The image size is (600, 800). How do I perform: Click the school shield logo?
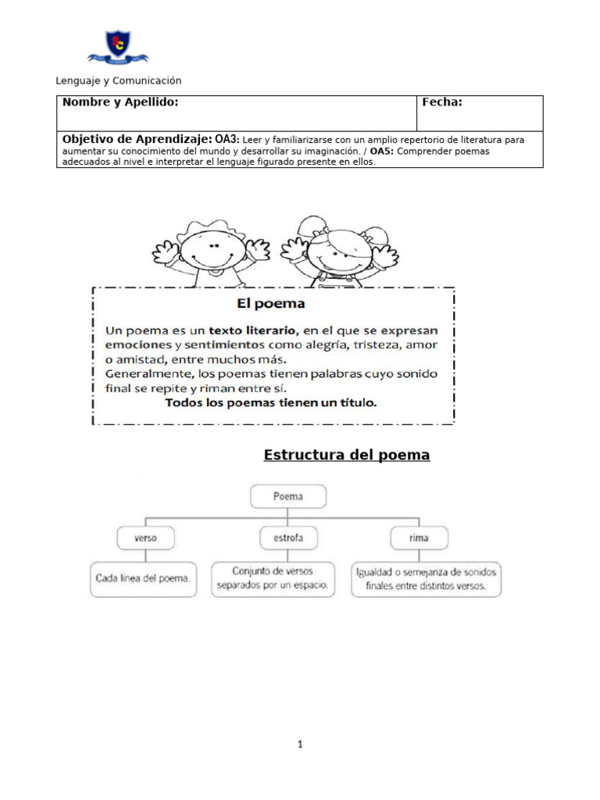pos(118,47)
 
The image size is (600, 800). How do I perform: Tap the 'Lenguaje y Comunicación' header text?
pos(119,80)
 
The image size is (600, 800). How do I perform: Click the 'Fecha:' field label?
pos(442,102)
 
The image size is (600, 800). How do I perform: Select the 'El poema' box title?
pos(270,302)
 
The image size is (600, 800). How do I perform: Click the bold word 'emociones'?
pos(134,345)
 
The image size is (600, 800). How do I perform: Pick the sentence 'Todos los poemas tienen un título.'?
pos(271,403)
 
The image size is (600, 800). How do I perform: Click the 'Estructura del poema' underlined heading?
pos(347,455)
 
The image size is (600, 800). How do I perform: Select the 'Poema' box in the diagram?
pos(288,496)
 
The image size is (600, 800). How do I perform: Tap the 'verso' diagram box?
pos(145,538)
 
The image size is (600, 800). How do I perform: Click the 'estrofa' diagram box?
pos(288,538)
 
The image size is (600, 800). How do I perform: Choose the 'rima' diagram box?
pos(419,538)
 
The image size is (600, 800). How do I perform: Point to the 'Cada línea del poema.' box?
pos(143,580)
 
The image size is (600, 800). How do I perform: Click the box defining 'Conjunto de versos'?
pos(273,579)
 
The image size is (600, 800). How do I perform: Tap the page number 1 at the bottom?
pos(300,745)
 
